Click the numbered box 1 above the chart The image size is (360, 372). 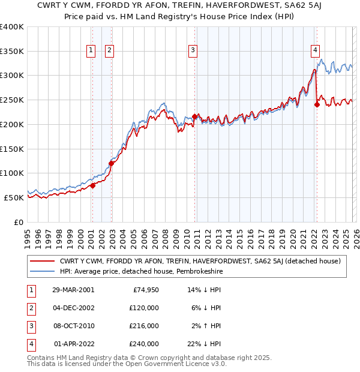pos(92,51)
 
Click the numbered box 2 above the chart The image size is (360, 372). pos(109,51)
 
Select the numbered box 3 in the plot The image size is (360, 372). pos(193,51)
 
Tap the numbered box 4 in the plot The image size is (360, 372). pos(315,51)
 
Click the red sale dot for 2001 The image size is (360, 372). pos(93,185)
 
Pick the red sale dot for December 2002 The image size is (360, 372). pos(111,163)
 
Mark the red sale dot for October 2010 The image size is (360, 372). pos(195,116)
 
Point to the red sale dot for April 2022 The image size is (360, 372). pos(317,104)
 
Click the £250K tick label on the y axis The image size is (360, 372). pos(12,100)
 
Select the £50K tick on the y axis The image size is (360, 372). pos(14,197)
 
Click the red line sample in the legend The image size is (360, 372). pos(43,261)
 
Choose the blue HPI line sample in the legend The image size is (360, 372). pos(43,271)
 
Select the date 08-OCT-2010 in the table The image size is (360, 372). pos(73,326)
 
